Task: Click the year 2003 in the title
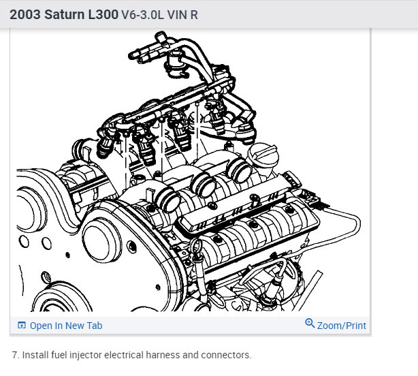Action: tap(25, 14)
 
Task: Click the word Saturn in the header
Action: tap(65, 14)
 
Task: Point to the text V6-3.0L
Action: tap(142, 15)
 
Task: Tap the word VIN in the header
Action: tap(177, 15)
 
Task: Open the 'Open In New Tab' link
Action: tap(66, 326)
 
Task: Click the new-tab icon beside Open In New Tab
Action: tap(22, 326)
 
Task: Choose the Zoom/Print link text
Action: tap(342, 326)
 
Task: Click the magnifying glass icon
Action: tap(310, 323)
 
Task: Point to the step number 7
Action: tap(16, 355)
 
